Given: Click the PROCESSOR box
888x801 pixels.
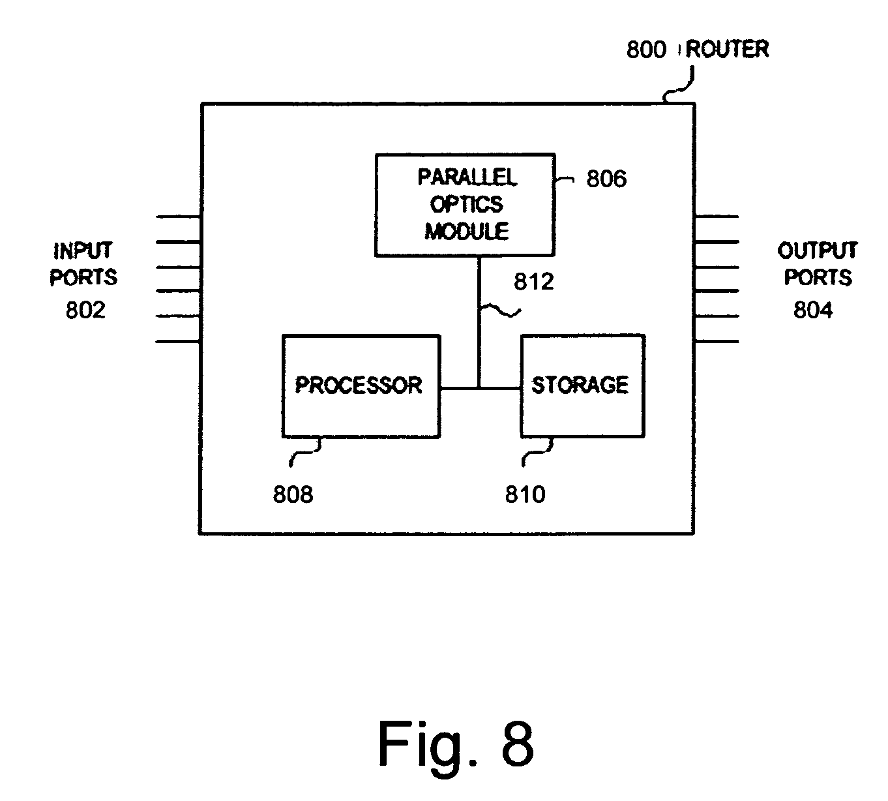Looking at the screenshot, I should pyautogui.click(x=361, y=386).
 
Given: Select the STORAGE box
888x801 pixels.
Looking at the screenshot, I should pyautogui.click(x=582, y=386).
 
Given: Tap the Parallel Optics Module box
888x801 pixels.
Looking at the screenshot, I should pyautogui.click(x=465, y=204).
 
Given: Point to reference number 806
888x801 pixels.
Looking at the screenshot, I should pyautogui.click(x=606, y=179).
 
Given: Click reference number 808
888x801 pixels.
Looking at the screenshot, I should pyautogui.click(x=293, y=495).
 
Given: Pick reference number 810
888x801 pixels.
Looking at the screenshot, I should pyautogui.click(x=525, y=495).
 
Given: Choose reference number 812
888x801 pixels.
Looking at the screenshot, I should pyautogui.click(x=533, y=282).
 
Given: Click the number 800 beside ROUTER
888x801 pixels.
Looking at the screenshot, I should pyautogui.click(x=646, y=50).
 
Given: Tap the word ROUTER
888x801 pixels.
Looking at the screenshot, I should pyautogui.click(x=728, y=49).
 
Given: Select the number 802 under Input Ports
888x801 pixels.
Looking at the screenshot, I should pyautogui.click(x=85, y=310).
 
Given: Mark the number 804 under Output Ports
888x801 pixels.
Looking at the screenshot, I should pyautogui.click(x=812, y=310).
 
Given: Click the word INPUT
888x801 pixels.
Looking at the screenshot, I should pyautogui.click(x=83, y=251).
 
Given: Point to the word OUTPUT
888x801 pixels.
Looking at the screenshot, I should pyautogui.click(x=818, y=251).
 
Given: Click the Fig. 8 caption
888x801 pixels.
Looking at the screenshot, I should pyautogui.click(x=456, y=744).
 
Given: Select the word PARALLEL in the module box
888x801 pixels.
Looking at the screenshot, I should pyautogui.click(x=467, y=177).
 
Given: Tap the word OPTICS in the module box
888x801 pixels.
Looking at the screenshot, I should pyautogui.click(x=467, y=204).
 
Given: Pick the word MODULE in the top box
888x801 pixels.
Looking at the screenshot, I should pyautogui.click(x=467, y=231).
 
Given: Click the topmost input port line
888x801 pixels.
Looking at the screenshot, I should pyautogui.click(x=177, y=217).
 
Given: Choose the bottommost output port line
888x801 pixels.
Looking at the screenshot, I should pyautogui.click(x=717, y=341).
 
